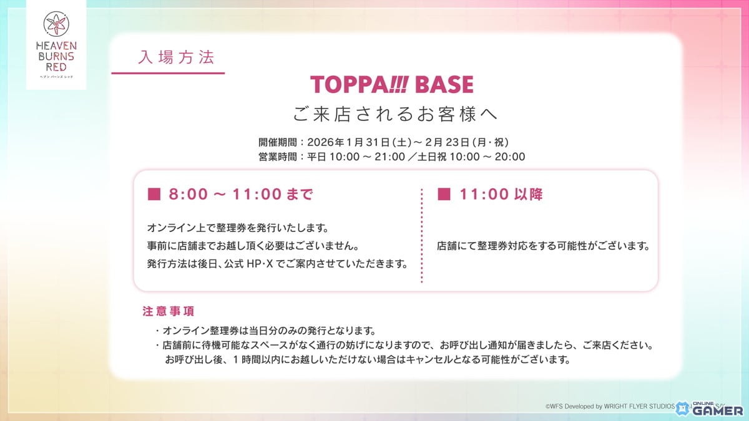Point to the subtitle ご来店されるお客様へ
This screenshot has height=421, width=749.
(x=396, y=115)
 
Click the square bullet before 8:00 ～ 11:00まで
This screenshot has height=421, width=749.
(x=153, y=195)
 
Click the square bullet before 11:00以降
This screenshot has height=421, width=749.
(x=444, y=195)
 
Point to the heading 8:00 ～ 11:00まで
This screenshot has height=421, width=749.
(x=241, y=195)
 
